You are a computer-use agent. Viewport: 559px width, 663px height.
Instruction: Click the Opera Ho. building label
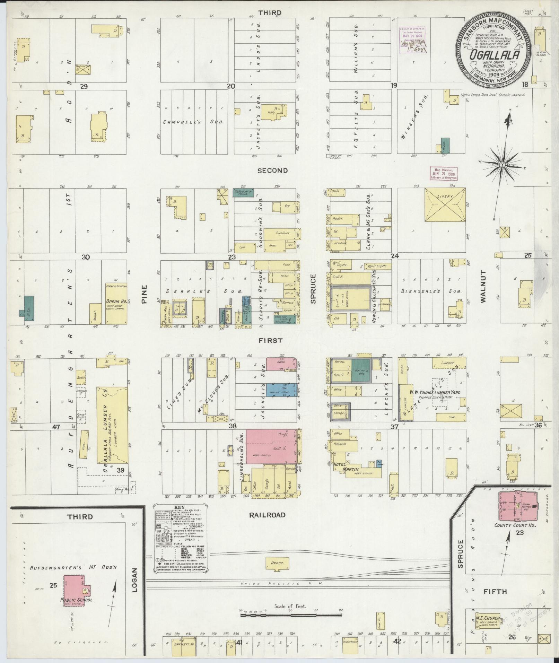tap(116, 301)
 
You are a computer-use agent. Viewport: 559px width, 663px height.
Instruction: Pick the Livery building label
tap(445, 197)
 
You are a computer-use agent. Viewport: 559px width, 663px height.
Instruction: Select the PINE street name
tap(144, 294)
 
